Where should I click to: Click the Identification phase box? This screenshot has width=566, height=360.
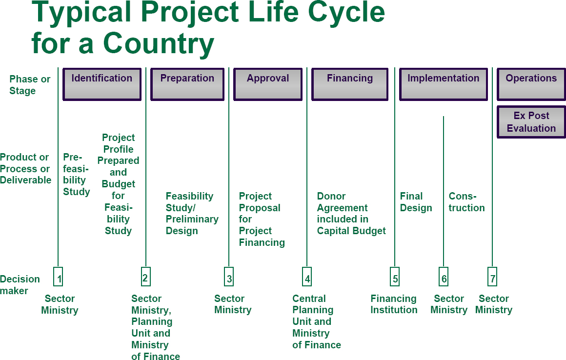click(102, 84)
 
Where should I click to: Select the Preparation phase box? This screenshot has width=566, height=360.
click(187, 84)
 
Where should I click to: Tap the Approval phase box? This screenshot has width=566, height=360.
click(268, 84)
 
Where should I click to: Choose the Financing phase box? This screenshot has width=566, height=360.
click(350, 84)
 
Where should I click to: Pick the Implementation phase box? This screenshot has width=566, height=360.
click(443, 84)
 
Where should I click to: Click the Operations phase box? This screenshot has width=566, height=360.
click(531, 84)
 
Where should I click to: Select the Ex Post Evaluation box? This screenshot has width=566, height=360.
click(531, 122)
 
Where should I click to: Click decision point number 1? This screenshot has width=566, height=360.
click(58, 277)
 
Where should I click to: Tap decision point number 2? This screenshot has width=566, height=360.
click(146, 276)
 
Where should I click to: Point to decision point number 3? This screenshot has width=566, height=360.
click(229, 277)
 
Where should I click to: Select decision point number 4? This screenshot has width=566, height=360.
click(307, 277)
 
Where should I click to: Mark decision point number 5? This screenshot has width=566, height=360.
click(395, 277)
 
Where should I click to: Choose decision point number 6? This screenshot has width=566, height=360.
click(444, 277)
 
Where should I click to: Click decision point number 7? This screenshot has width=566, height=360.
click(492, 277)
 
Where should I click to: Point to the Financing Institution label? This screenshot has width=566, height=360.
click(394, 304)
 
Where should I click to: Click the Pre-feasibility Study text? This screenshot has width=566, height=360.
click(77, 174)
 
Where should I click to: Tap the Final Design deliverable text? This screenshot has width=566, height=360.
click(416, 202)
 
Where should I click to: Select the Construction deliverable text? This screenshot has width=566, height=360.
click(467, 202)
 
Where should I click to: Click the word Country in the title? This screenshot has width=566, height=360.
click(159, 43)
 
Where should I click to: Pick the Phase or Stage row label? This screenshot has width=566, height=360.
click(30, 85)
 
